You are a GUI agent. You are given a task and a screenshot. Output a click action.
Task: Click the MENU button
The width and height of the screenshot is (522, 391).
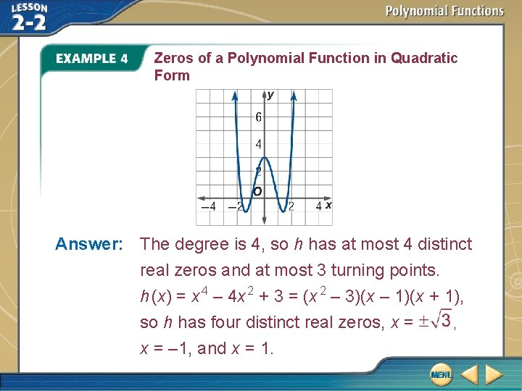[440, 374]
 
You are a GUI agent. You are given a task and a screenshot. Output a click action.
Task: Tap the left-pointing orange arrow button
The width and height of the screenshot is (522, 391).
[469, 374]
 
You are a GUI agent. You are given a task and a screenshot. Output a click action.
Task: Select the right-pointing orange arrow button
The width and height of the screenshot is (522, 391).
[494, 374]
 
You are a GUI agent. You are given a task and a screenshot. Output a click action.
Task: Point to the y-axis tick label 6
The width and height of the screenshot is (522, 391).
[259, 117]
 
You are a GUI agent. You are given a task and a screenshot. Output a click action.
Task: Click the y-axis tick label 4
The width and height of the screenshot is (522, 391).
[259, 145]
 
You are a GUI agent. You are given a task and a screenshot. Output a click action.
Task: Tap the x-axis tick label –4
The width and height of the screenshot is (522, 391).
[207, 206]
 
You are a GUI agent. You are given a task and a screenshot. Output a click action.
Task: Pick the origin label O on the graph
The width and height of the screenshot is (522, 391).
[257, 191]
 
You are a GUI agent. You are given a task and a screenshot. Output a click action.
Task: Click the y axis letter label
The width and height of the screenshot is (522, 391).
[270, 95]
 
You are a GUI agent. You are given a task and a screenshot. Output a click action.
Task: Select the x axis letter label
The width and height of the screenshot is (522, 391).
[328, 206]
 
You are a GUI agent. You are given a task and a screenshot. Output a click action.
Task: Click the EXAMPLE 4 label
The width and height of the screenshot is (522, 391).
[92, 59]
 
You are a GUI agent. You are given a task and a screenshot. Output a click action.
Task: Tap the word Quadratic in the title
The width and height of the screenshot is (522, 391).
[424, 58]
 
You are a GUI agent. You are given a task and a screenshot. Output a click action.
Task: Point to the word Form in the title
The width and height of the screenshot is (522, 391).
[172, 75]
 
